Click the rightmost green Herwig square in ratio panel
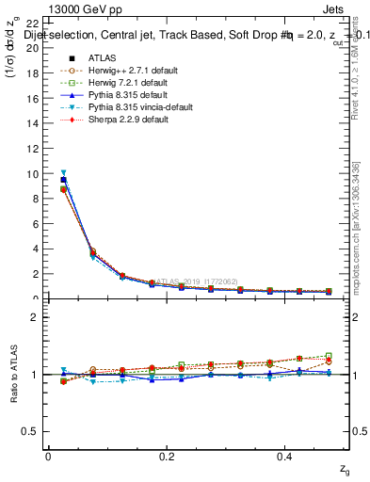(329, 356)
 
